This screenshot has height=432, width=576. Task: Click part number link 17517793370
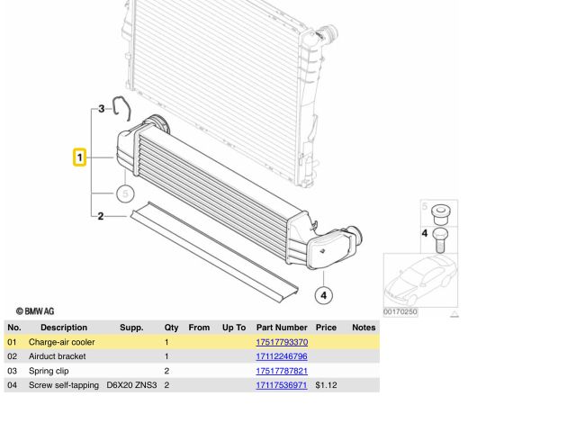coord(282,342)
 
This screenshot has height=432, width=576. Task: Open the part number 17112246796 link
coord(282,356)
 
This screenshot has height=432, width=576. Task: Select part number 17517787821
coord(282,371)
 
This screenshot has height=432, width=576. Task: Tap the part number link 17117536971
coord(282,385)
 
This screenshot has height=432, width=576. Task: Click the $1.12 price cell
coord(326,385)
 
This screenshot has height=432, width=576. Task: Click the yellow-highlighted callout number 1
coord(79,157)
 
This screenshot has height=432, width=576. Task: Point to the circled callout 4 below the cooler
coord(324,294)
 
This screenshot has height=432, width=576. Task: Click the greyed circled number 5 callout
coord(125,193)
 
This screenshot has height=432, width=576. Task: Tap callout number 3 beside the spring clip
coord(102,109)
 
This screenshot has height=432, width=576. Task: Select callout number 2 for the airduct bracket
coord(100,216)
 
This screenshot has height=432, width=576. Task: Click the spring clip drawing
coord(122,112)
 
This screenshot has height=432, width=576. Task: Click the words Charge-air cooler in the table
coord(61,342)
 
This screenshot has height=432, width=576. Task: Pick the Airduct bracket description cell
coord(57,356)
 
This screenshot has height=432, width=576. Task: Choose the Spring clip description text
coord(49,371)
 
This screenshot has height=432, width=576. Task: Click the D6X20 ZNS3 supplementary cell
coord(131,385)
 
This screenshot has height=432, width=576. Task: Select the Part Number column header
coord(282,328)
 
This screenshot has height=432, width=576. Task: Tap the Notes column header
coord(364,328)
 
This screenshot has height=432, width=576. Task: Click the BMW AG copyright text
coord(35,310)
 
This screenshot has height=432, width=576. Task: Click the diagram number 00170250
coord(400,311)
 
